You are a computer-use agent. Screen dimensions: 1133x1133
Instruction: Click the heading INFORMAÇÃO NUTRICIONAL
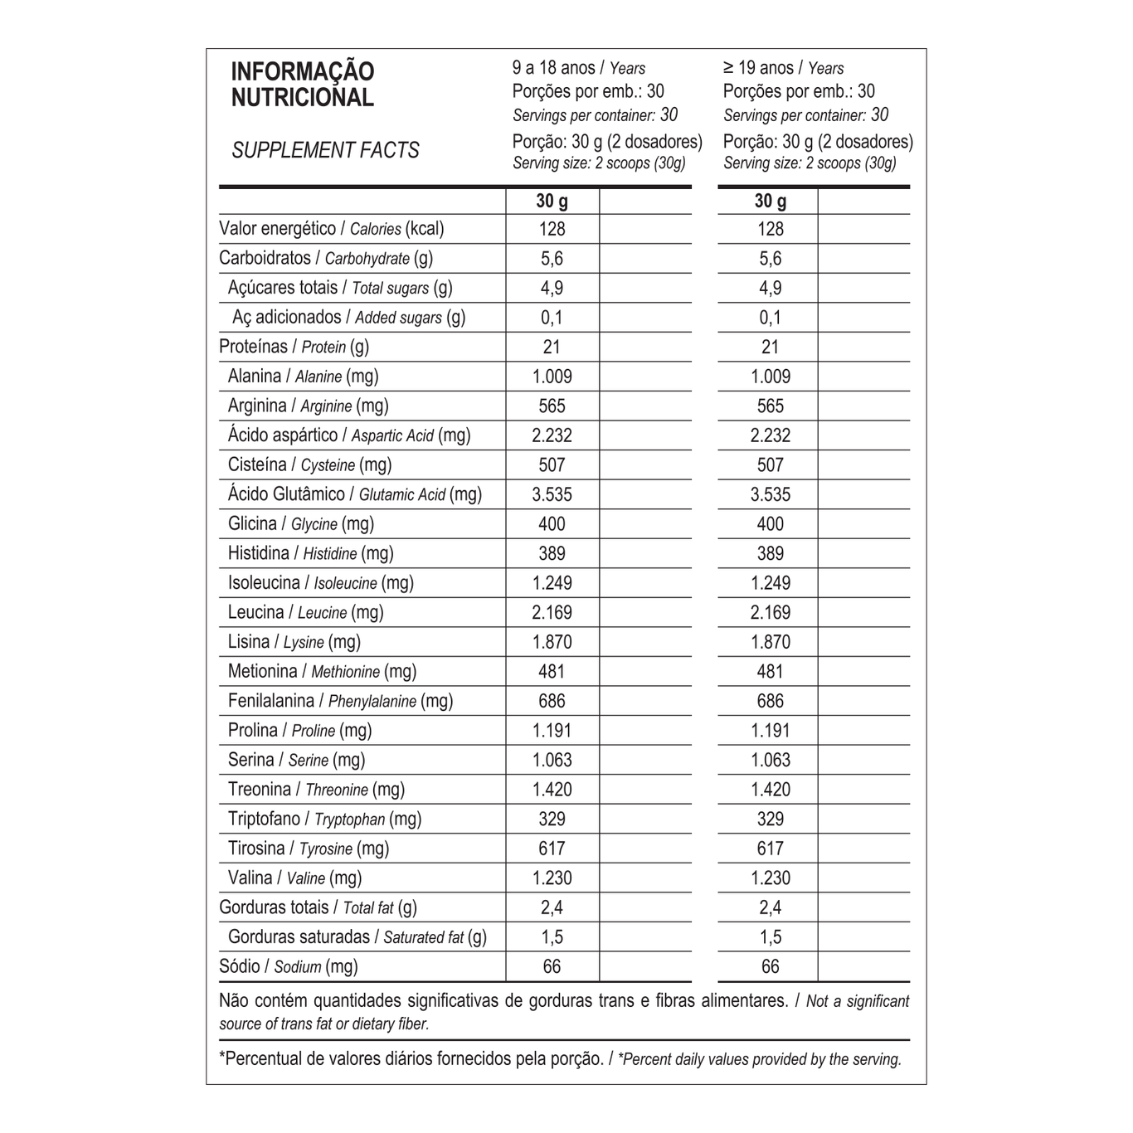click(x=303, y=85)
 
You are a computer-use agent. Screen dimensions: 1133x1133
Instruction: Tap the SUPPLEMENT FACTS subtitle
click(x=325, y=151)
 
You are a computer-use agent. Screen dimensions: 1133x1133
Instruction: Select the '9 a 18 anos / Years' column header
click(x=578, y=68)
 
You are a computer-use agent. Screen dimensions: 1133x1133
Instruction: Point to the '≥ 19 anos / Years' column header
click(x=783, y=68)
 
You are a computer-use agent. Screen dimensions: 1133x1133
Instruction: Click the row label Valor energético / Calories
click(x=331, y=229)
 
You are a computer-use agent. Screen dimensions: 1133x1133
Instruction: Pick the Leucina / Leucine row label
click(x=305, y=613)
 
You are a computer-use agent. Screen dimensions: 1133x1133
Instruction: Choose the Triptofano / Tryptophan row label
click(x=324, y=819)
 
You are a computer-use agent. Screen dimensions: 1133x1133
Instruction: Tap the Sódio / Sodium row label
click(x=288, y=966)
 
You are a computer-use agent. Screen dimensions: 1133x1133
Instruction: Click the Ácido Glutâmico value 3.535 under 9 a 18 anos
click(x=552, y=495)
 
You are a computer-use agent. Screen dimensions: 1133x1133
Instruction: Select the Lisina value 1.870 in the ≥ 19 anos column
click(x=770, y=642)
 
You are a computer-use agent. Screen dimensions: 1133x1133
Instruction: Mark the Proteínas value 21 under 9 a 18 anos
click(x=552, y=348)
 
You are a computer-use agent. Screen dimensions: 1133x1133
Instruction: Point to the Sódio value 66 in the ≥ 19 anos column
click(x=770, y=967)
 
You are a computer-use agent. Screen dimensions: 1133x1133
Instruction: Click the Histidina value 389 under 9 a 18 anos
click(x=552, y=554)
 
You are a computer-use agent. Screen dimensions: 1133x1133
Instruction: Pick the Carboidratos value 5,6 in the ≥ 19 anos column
click(x=770, y=259)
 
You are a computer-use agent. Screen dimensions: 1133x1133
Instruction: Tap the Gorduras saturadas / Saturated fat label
click(x=357, y=937)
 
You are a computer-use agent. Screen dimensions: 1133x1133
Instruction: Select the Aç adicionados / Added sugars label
click(x=348, y=318)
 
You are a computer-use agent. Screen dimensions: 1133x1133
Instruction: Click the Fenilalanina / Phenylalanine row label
click(x=340, y=702)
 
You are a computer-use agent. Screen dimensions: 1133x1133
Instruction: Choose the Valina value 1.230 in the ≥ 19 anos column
click(x=770, y=878)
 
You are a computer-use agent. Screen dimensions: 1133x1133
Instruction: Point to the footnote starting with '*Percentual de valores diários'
click(x=560, y=1059)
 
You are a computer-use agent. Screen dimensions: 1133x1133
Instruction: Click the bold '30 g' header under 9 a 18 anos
click(x=552, y=201)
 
